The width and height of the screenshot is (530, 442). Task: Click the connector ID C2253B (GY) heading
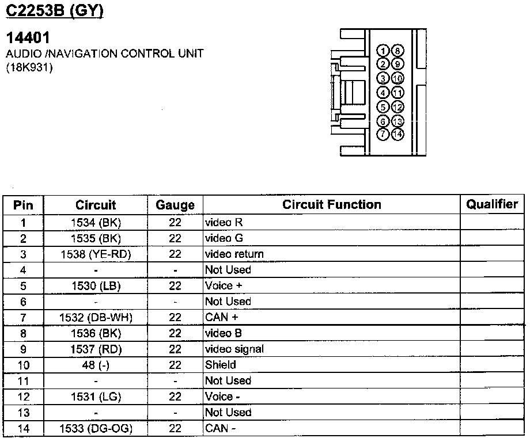(x=55, y=11)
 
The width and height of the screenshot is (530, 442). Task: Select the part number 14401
(x=28, y=38)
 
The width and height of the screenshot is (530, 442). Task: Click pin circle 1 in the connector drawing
(x=383, y=51)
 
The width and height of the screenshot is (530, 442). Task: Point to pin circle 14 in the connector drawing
(x=397, y=135)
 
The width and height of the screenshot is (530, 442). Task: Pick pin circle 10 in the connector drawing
(x=397, y=78)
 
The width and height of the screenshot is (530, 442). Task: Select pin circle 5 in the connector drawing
(x=383, y=106)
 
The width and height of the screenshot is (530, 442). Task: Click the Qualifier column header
(x=492, y=204)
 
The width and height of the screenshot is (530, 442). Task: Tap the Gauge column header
(x=175, y=205)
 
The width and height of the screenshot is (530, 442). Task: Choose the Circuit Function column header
(x=331, y=205)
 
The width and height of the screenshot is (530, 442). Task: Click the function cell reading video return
(x=234, y=254)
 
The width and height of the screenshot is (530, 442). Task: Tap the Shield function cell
(x=221, y=365)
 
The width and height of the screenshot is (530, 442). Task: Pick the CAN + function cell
(x=222, y=317)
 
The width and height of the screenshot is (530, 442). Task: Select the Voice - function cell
(x=222, y=397)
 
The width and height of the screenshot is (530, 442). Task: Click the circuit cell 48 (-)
(x=96, y=365)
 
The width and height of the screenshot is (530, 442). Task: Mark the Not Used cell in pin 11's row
(x=228, y=380)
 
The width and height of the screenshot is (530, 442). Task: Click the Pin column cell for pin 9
(x=24, y=349)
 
